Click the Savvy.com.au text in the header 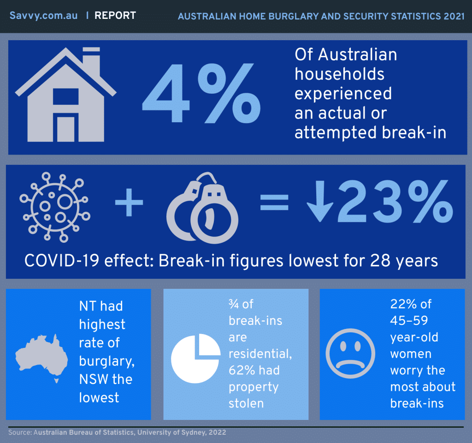pyautogui.click(x=44, y=15)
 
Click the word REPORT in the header pyautogui.click(x=115, y=15)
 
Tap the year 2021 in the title pyautogui.click(x=454, y=16)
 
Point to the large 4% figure pyautogui.click(x=201, y=93)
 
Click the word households pyautogui.click(x=340, y=74)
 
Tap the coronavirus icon pyautogui.click(x=55, y=207)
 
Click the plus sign pyautogui.click(x=129, y=202)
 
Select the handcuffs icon pyautogui.click(x=202, y=208)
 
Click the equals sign pyautogui.click(x=274, y=202)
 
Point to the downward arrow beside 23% pyautogui.click(x=320, y=201)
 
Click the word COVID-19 pyautogui.click(x=62, y=260)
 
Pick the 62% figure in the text pyautogui.click(x=242, y=370)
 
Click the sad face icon pyautogui.click(x=350, y=353)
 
